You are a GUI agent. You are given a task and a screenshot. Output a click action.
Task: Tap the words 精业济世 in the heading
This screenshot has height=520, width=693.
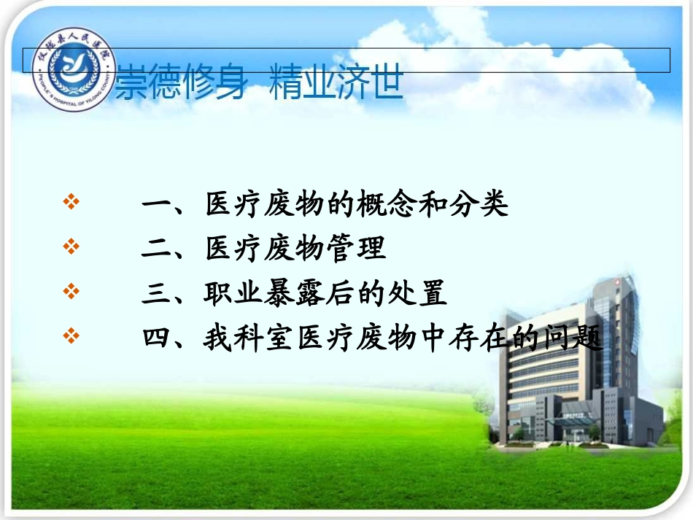tap(336, 82)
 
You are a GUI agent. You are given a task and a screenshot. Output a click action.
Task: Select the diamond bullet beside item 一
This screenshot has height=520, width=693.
tap(71, 203)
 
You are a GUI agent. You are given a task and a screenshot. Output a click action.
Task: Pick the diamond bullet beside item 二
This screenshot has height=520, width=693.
tap(71, 247)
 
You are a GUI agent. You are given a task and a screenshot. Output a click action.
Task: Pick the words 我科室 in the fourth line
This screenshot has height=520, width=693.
tap(249, 338)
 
